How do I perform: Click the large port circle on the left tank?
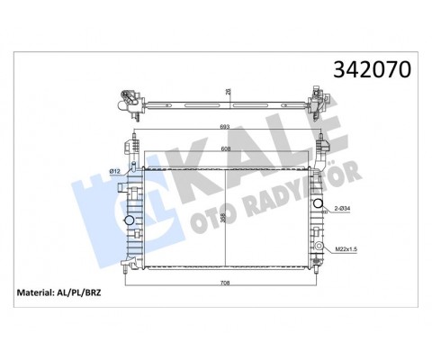click(x=128, y=220)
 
